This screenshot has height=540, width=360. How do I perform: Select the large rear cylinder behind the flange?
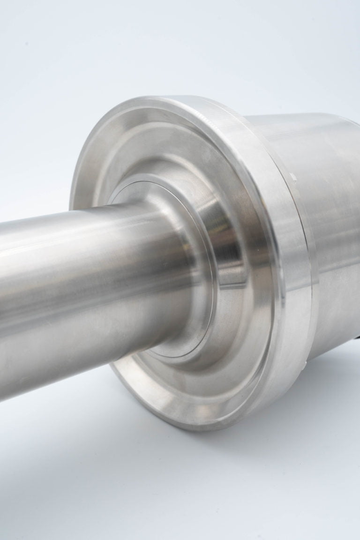(319, 211)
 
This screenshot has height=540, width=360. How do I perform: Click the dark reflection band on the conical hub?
(225, 262)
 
